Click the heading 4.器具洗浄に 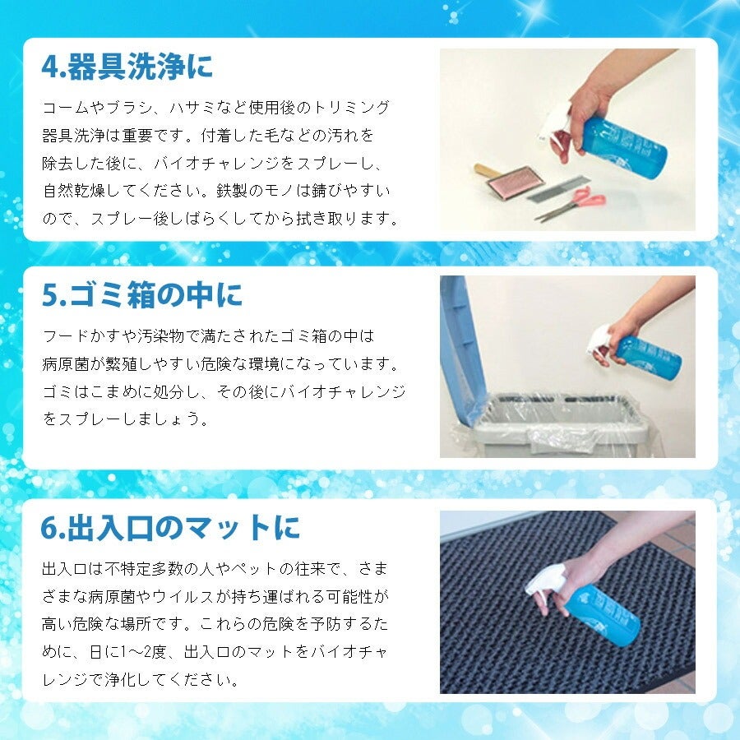click(x=127, y=67)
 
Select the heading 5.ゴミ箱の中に click(x=142, y=295)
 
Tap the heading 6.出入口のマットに click(x=170, y=528)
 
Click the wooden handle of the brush click(x=485, y=170)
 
